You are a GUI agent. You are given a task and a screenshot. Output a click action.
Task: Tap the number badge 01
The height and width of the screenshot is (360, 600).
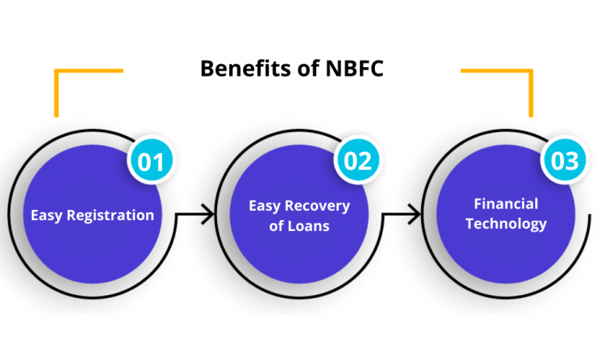[151, 161]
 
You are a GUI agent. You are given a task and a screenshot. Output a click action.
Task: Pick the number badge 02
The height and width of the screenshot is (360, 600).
[357, 161]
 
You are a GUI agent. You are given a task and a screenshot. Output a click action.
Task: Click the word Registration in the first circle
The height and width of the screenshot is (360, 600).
[109, 215]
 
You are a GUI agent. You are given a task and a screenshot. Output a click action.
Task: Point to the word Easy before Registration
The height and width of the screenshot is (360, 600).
[46, 215]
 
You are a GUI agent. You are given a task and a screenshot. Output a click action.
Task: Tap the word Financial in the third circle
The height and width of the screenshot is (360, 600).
[506, 204]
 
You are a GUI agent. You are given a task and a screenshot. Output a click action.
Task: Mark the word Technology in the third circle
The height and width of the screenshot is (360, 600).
[506, 223]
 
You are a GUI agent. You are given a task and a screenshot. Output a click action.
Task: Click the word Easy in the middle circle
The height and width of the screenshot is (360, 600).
[264, 206]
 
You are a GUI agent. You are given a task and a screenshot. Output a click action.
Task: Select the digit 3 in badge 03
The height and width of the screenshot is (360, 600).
[572, 161]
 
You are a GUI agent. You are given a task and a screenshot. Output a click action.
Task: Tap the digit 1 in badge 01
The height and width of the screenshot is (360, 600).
[159, 161]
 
